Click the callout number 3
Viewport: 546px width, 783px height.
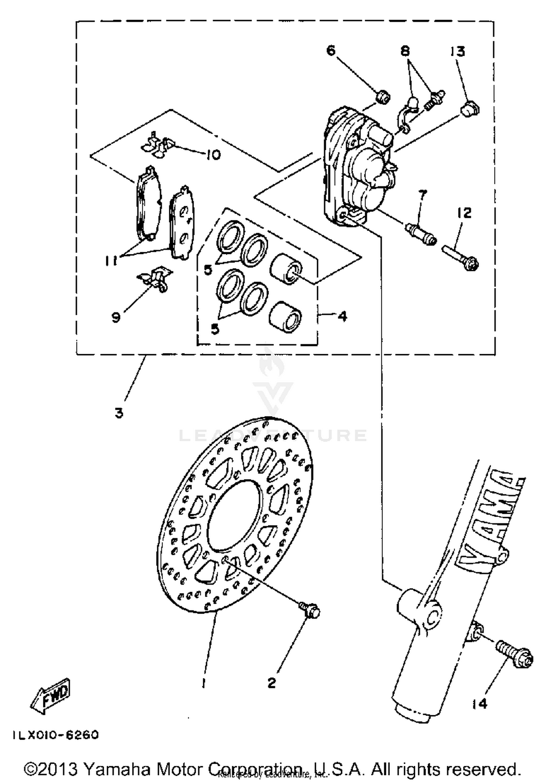point(119,413)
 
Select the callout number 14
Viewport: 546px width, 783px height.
point(480,704)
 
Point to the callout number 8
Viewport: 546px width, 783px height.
point(405,51)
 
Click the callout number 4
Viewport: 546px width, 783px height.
point(342,316)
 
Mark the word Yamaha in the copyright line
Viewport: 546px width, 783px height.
point(117,769)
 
